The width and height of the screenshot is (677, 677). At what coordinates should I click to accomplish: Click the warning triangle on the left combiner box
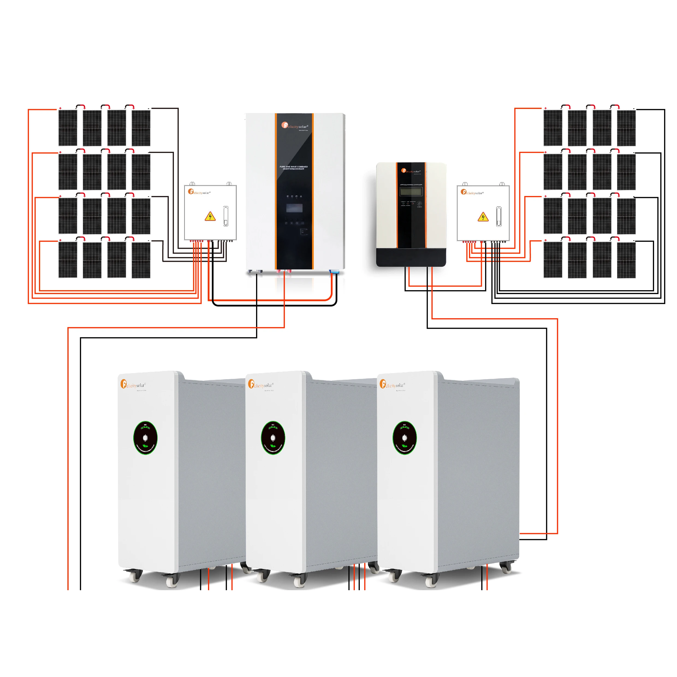pos(210,216)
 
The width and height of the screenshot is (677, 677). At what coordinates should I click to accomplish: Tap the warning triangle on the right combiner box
pos(483,217)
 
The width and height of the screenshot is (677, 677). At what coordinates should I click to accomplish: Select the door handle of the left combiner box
pos(226,215)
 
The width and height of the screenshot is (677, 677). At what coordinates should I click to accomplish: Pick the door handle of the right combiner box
pos(498,216)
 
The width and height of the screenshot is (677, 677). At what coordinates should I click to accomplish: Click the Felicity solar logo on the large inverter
pos(294,126)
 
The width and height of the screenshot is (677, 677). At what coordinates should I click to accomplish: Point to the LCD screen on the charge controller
pos(411,191)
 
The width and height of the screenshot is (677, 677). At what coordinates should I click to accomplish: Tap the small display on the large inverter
pos(294,208)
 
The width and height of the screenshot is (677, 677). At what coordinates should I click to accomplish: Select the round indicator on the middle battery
pos(273,438)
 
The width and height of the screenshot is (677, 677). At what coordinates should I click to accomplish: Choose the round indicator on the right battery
pos(404,438)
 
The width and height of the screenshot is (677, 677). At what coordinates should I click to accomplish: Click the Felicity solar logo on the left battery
pos(133,384)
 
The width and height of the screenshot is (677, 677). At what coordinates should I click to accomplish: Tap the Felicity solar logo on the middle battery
pos(261,384)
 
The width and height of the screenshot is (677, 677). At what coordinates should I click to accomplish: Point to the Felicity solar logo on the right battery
pos(392,384)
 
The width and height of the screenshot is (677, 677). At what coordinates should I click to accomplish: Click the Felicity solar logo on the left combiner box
pos(199,192)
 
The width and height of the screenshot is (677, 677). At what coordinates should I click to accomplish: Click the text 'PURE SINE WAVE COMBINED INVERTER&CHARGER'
pos(294,168)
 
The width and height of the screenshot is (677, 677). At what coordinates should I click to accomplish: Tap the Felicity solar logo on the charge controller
pos(411,171)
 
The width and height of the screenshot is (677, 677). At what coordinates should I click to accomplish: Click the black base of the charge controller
pos(411,257)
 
